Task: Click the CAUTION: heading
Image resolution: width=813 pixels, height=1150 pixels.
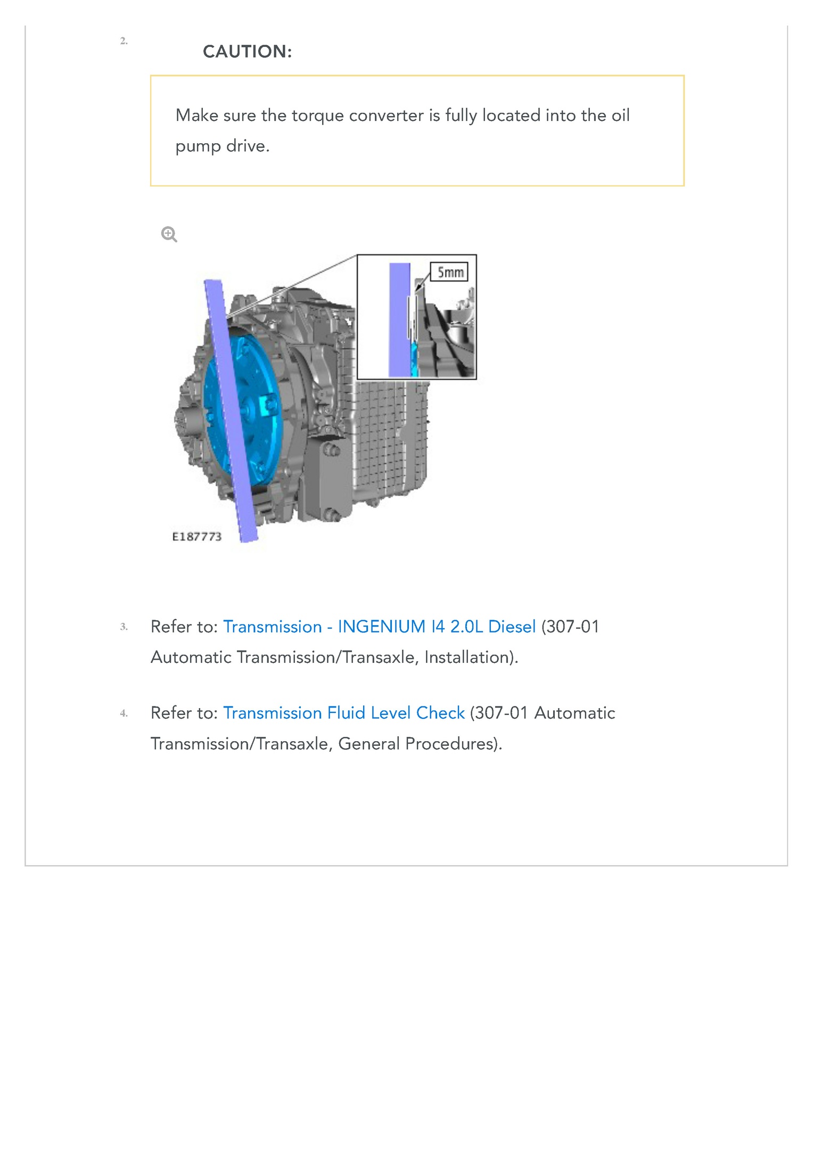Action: point(247,52)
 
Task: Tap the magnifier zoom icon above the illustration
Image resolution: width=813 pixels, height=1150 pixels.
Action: point(169,234)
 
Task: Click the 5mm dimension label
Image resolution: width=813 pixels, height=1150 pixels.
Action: point(450,273)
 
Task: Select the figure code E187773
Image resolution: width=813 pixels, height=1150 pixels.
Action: point(196,537)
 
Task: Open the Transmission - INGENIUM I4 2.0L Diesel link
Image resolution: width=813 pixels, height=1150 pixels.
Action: point(379,627)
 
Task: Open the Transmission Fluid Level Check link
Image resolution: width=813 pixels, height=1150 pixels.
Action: point(344,713)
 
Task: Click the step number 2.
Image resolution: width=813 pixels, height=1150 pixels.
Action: point(124,41)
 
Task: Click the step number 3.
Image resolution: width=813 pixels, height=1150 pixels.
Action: point(124,627)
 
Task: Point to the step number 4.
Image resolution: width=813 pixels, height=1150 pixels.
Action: point(124,713)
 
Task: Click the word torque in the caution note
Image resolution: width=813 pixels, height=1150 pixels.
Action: point(317,116)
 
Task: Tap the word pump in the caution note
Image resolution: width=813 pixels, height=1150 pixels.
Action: point(198,146)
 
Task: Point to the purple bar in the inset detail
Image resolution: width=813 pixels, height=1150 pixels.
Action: point(399,319)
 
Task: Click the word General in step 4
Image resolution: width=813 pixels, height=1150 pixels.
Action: point(368,744)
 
